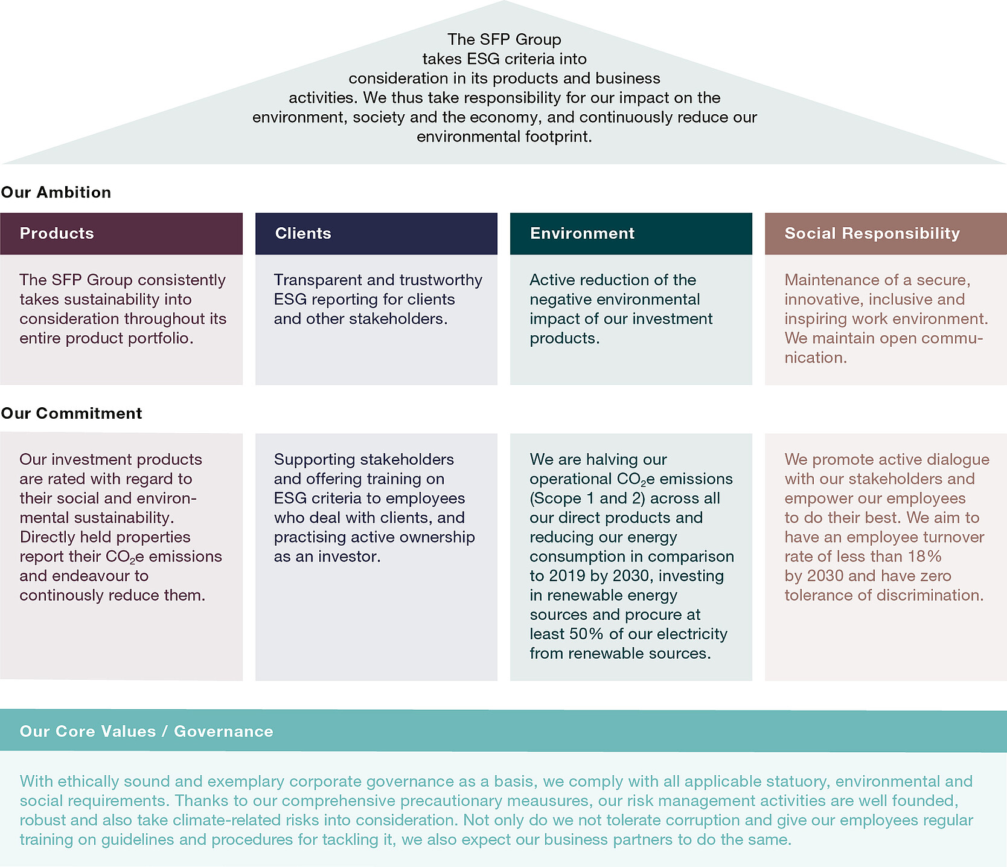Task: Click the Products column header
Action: (57, 233)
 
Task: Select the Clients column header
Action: (303, 233)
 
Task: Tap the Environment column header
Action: (582, 233)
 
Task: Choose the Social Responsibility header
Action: (872, 233)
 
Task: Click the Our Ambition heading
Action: (56, 192)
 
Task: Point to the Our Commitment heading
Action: (71, 413)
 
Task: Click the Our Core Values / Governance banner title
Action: (146, 731)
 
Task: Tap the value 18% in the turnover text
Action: (925, 556)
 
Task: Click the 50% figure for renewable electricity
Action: (586, 634)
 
